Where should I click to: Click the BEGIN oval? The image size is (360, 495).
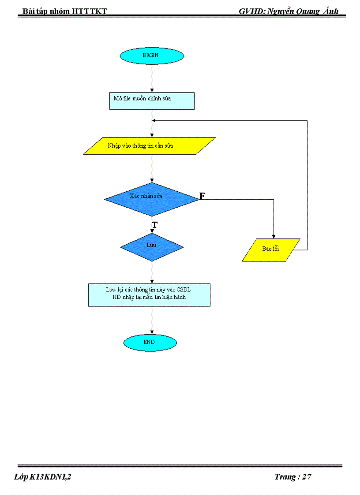pos(152,56)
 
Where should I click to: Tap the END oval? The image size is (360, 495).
pos(150,342)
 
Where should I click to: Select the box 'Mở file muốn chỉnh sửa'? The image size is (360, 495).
pos(151,100)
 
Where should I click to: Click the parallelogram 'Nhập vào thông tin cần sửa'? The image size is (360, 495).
pos(149,146)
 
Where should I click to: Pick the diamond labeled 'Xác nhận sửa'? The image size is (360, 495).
pos(151,199)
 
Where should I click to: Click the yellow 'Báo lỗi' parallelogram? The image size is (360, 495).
pos(271,250)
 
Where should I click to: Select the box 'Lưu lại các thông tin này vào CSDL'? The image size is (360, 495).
pos(149,295)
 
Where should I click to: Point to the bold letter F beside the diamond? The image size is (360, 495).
pos(202,196)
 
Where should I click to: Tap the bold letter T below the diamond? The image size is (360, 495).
pos(155,225)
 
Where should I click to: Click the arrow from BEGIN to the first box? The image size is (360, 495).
pos(152,78)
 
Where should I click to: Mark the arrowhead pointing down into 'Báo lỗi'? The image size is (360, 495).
pos(274,236)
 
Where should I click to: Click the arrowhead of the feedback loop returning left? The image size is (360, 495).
pos(154,120)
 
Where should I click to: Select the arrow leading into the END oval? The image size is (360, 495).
pos(152,321)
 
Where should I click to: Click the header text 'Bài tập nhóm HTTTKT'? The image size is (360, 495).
pos(65,11)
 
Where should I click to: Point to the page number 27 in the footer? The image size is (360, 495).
pos(307,477)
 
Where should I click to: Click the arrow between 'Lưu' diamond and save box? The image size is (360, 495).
pos(152,272)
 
